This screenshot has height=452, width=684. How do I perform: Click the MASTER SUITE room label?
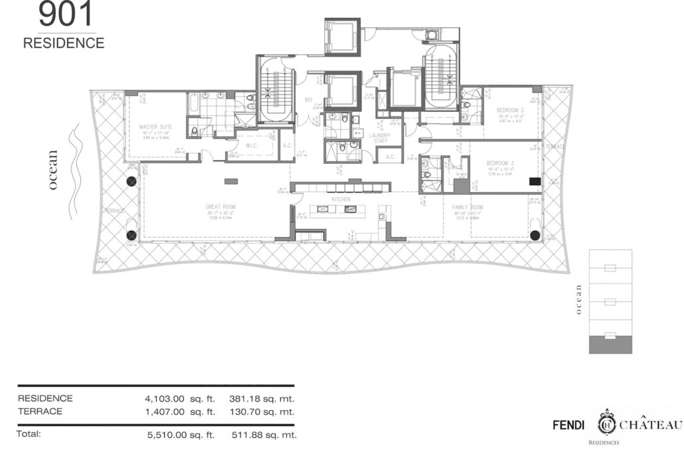155,126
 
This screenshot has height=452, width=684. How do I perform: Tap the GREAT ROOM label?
220,207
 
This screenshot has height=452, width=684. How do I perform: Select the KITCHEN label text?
341,199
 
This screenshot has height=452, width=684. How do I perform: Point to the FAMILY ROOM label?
468,207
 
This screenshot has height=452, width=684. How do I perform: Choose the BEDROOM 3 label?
501,163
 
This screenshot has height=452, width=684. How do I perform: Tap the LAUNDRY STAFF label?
380,138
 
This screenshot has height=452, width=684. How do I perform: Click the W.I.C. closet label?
252,146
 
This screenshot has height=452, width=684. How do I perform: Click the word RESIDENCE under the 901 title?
64,43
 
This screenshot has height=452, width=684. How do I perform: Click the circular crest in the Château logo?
606,423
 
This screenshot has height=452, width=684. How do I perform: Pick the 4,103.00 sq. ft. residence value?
179,399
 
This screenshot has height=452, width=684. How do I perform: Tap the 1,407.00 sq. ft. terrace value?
179,412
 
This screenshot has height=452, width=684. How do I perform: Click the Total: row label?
29,434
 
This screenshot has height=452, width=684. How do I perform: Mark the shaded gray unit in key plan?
610,344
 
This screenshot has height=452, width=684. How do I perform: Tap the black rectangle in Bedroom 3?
533,181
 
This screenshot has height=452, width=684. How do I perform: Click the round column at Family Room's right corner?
535,234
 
